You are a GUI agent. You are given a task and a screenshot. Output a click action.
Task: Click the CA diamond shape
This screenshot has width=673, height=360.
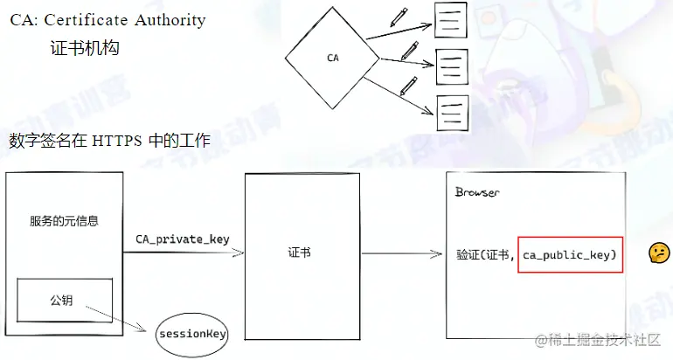332,59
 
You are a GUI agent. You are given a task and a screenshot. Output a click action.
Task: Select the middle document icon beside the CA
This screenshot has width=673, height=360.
449,66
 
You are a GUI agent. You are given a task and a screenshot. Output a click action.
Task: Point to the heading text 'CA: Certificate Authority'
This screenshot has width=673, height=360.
108,20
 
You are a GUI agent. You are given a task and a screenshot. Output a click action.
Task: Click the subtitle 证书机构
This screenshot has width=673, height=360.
84,49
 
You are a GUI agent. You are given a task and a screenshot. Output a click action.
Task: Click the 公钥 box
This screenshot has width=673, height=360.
61,301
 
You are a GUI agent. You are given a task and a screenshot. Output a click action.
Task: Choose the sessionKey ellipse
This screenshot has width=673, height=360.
191,334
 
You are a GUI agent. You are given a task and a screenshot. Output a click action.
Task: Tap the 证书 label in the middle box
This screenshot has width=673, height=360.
300,253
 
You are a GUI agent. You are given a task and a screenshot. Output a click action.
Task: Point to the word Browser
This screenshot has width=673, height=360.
477,192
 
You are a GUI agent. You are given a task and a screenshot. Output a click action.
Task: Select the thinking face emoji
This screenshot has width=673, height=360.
657,253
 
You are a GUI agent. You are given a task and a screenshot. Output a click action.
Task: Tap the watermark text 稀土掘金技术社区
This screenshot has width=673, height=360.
600,340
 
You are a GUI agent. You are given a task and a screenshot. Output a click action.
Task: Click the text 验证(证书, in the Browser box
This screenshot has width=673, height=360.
485,254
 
